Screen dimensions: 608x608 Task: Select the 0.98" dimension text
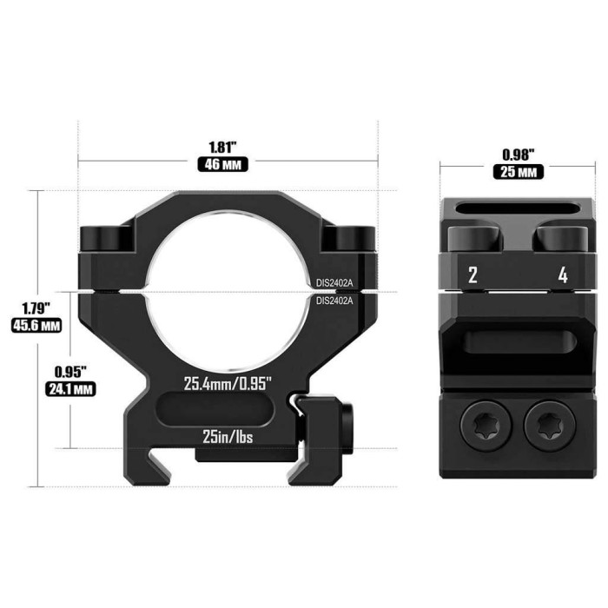pos(519,154)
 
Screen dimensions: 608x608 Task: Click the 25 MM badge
pos(519,172)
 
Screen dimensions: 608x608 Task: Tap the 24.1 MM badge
pos(69,388)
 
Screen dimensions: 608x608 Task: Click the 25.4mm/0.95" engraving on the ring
pos(228,382)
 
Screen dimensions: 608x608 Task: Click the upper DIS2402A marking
pos(335,281)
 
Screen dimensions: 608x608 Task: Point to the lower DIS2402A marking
pos(335,301)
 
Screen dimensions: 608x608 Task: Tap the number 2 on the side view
pos(473,276)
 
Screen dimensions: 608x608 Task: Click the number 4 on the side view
pos(563,276)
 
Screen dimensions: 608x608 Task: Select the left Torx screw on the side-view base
pos(484,425)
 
